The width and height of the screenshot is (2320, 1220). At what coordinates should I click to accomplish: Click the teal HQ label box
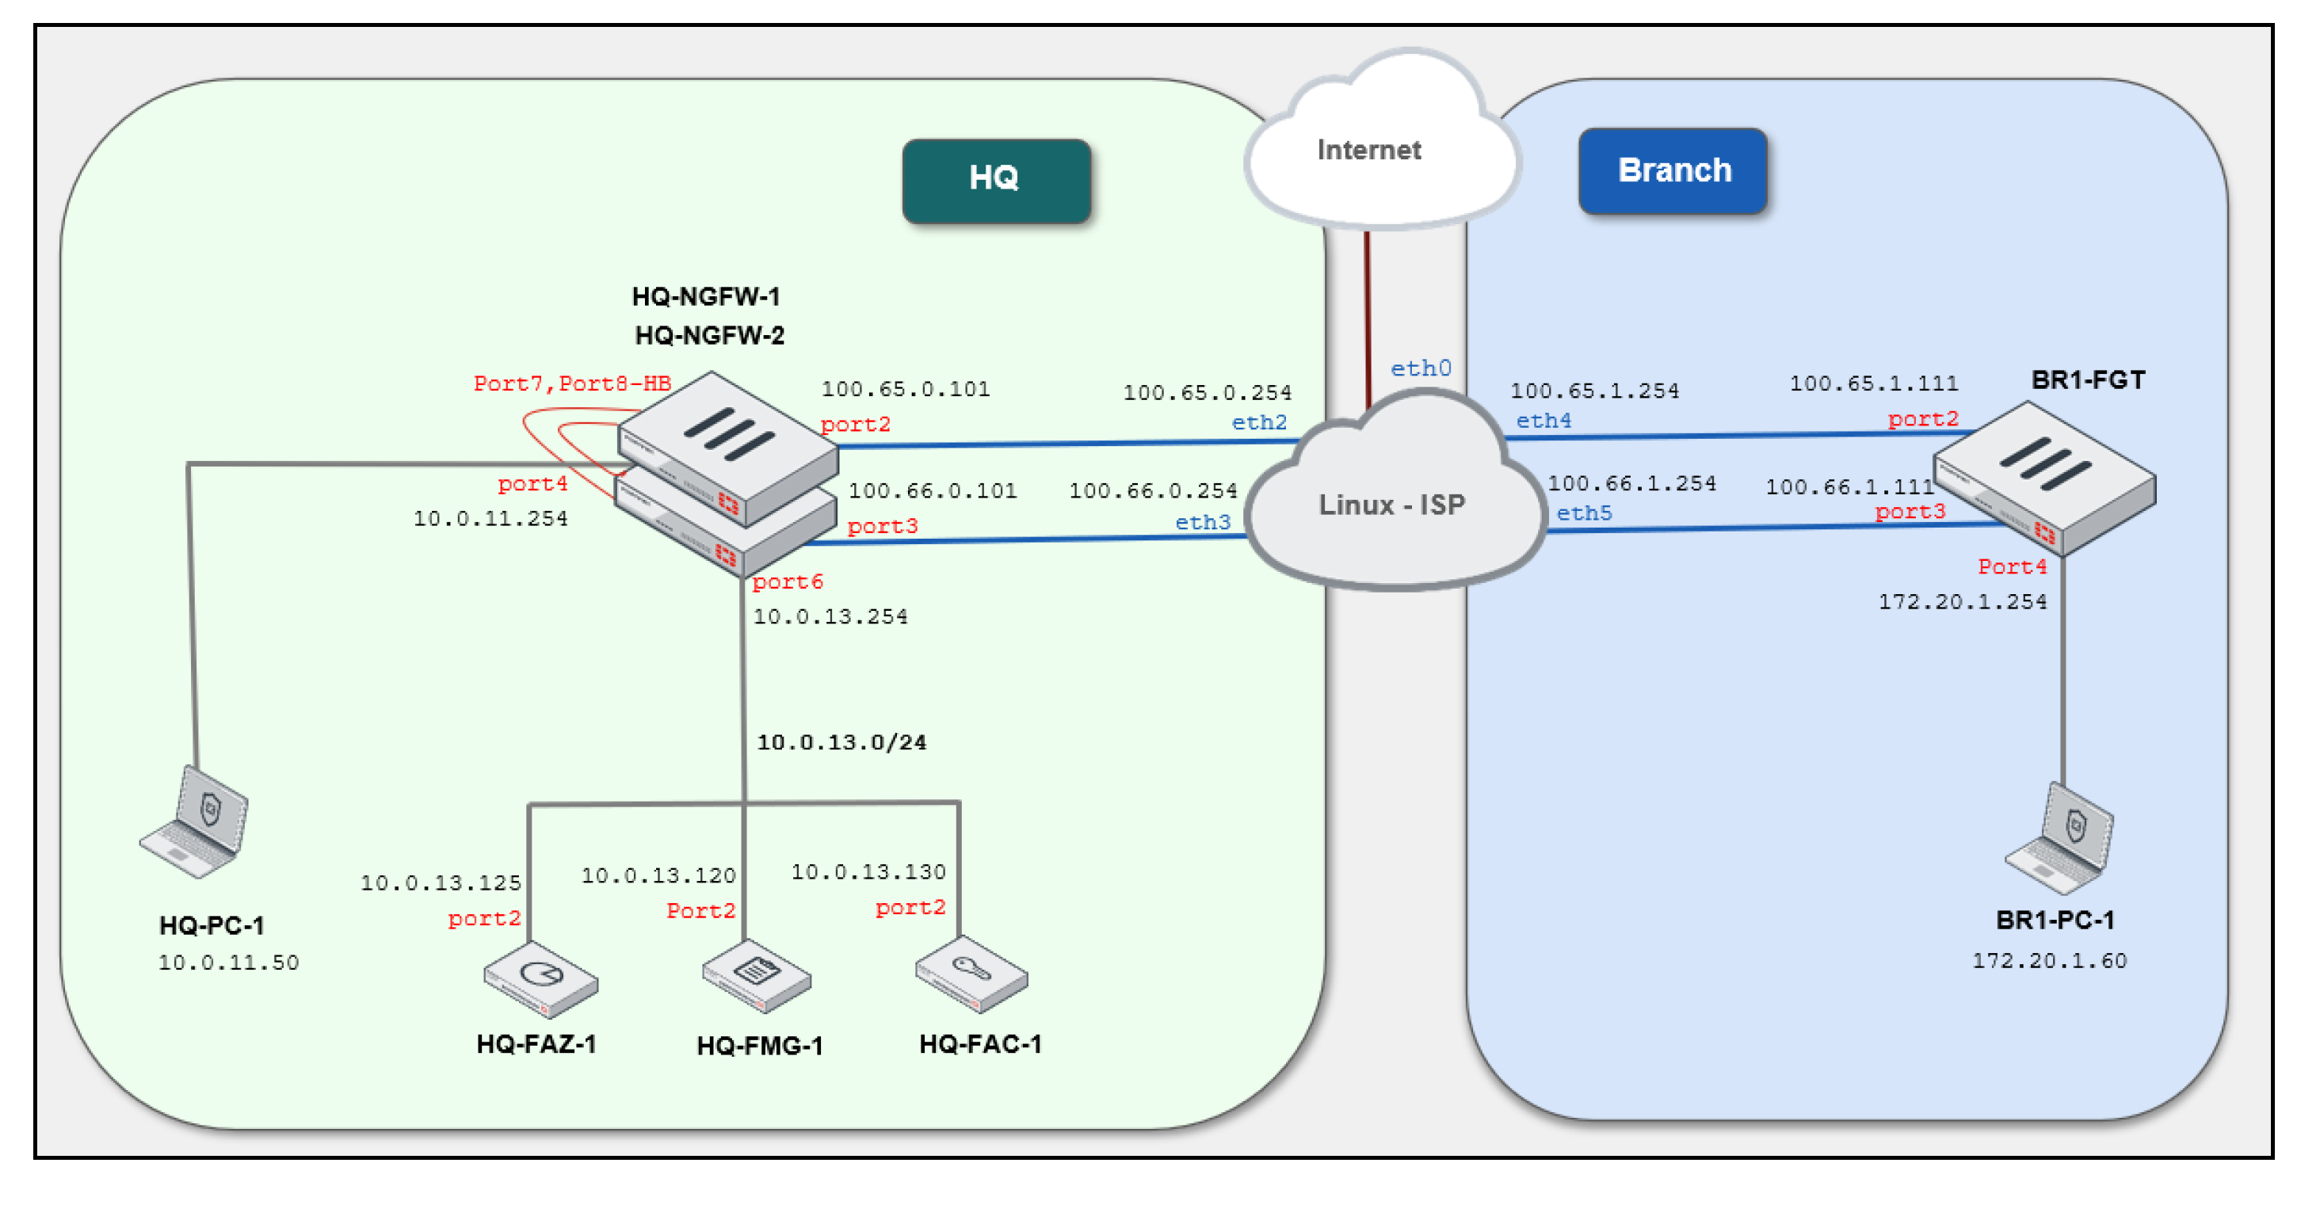[995, 179]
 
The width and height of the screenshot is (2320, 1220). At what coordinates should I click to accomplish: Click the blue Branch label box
[1673, 170]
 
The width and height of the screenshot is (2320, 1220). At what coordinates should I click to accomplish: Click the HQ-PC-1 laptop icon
[197, 822]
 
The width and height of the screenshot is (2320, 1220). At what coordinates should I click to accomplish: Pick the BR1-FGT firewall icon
[2045, 477]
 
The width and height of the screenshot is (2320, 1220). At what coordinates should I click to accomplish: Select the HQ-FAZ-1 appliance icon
[540, 978]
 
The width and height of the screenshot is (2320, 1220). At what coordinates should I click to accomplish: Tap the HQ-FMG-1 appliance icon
[757, 975]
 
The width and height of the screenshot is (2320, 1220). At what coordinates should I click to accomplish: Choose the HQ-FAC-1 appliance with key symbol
[971, 975]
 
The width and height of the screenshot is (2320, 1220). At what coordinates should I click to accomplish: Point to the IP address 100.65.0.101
[905, 389]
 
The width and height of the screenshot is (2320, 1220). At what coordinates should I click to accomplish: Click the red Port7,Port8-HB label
[572, 383]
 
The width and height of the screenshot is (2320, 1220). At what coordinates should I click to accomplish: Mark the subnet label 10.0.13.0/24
[841, 742]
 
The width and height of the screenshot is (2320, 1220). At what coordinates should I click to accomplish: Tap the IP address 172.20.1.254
[1962, 601]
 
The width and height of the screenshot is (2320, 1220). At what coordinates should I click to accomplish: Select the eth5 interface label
[1584, 513]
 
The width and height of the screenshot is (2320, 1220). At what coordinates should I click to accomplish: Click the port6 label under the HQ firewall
[787, 581]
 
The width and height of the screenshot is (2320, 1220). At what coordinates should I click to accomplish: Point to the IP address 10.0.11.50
[229, 963]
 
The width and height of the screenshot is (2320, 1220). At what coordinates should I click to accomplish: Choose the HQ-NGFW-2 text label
[710, 336]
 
